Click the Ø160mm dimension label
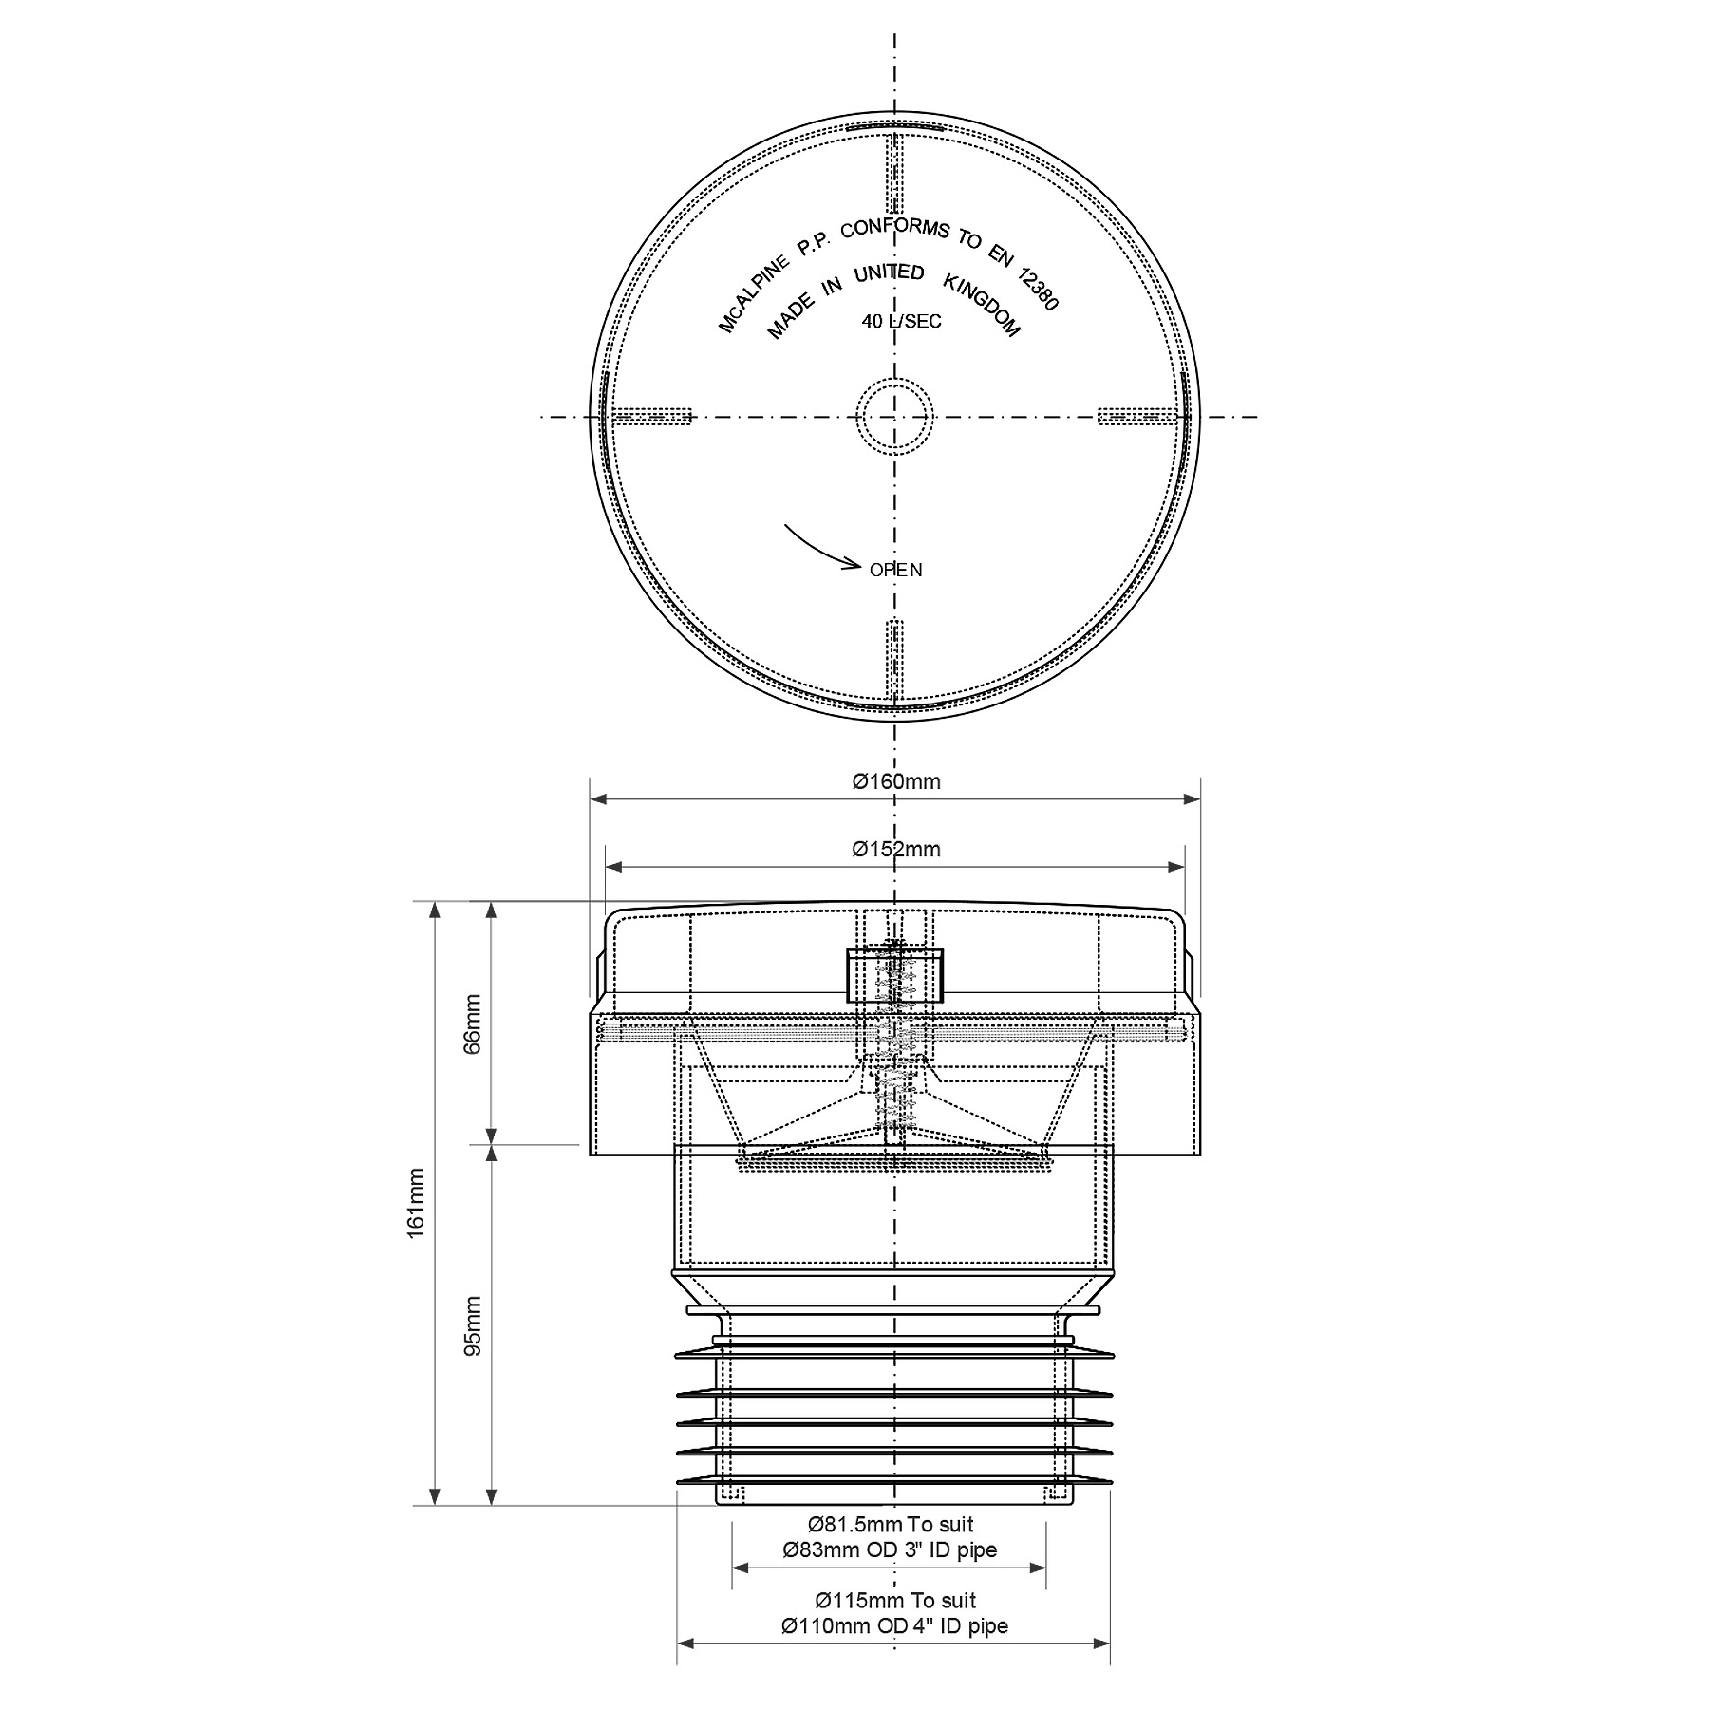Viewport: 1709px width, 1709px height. (896, 781)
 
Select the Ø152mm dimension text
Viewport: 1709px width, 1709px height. (896, 849)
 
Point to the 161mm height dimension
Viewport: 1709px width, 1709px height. (416, 1215)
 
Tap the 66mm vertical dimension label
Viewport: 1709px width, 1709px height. (473, 1023)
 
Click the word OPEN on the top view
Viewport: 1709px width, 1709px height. (896, 570)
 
